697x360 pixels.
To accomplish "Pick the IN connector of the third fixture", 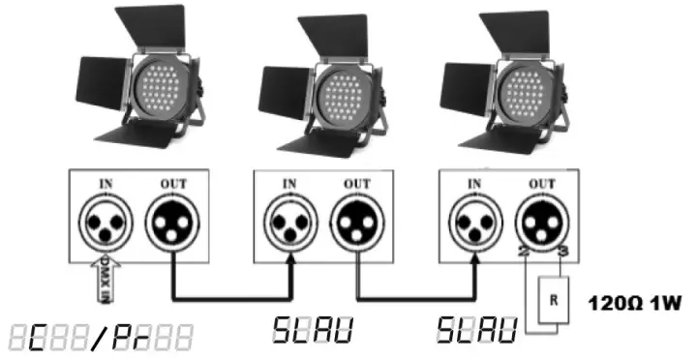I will tap(477, 224).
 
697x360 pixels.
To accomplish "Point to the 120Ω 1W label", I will tap(635, 303).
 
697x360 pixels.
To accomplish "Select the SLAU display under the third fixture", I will tap(470, 329).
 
